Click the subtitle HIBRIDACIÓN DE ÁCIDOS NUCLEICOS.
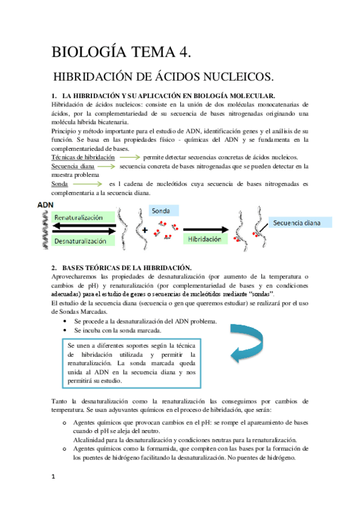click(x=154, y=78)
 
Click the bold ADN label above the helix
click(x=46, y=205)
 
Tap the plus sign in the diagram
click(x=144, y=229)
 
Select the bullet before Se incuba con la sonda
click(x=64, y=330)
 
